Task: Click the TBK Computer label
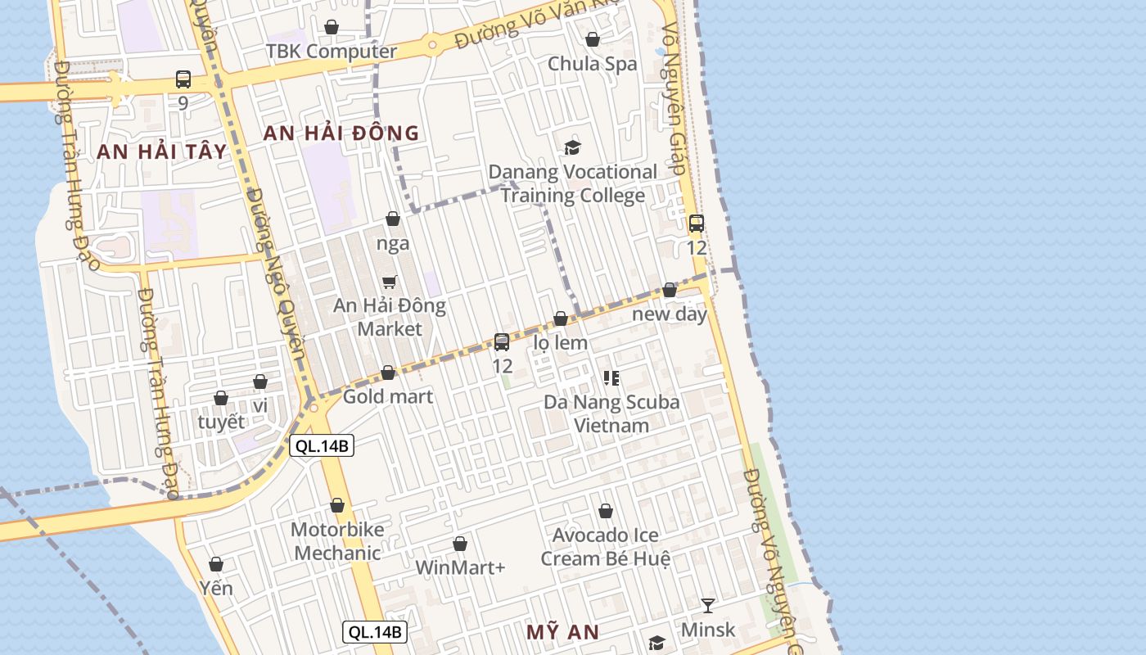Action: pos(331,51)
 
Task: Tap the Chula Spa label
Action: pos(592,63)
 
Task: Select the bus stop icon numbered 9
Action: pos(183,79)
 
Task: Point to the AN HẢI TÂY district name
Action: pos(161,151)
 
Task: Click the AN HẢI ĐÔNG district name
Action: pos(341,133)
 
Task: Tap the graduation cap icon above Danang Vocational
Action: pos(572,147)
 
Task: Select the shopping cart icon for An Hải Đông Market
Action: pos(390,282)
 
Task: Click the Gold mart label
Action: pos(388,396)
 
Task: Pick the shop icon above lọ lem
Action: pos(561,318)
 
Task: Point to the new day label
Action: pos(669,314)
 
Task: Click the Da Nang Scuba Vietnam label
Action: pos(611,413)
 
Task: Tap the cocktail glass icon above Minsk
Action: pos(708,605)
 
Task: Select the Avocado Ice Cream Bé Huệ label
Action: pos(605,547)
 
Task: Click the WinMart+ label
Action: pos(460,567)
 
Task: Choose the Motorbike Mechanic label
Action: pos(337,541)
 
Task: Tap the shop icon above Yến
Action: pos(216,564)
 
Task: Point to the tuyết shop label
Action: pos(221,422)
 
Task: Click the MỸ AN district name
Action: pos(562,632)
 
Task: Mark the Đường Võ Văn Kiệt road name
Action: pos(532,25)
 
